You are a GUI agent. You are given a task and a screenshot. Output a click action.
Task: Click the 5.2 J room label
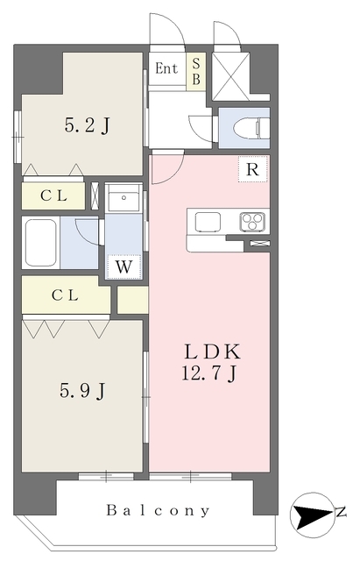tap(88, 125)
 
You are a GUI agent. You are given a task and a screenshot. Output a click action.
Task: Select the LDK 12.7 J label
tap(210, 362)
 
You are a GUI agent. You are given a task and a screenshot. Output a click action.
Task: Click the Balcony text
tap(158, 510)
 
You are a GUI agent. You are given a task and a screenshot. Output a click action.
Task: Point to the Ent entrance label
tap(166, 68)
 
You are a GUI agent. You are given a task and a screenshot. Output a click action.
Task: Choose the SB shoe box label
tap(196, 71)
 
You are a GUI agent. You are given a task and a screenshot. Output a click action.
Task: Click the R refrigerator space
tap(253, 169)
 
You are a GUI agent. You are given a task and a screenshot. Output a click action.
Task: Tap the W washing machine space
tap(124, 266)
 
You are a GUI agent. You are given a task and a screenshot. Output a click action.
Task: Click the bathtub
tap(41, 243)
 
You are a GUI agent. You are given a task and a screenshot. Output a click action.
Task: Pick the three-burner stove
tap(253, 222)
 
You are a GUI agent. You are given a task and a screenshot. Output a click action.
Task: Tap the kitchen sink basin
tap(208, 222)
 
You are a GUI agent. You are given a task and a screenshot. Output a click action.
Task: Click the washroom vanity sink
tap(124, 197)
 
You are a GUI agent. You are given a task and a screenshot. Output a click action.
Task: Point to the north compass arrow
tap(312, 516)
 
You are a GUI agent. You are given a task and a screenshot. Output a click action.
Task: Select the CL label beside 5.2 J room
tap(53, 195)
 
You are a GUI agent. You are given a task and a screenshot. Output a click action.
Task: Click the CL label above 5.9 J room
tap(65, 295)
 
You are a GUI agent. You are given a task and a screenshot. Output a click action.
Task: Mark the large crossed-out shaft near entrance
tap(230, 76)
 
